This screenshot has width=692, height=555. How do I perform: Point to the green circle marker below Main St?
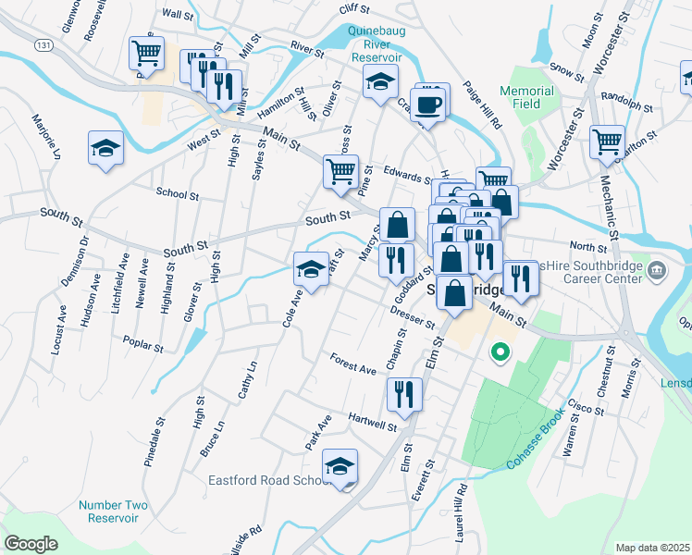(x=500, y=351)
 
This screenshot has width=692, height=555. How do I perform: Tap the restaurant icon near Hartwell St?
(x=404, y=392)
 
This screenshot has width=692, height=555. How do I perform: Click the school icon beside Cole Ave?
(x=311, y=270)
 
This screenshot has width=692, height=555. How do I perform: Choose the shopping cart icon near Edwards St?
(x=340, y=171)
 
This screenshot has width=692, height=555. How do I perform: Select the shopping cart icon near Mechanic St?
(x=607, y=142)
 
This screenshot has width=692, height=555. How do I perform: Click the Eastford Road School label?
(x=269, y=480)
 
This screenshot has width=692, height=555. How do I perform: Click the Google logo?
(x=31, y=543)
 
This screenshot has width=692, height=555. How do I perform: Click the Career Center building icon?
(x=656, y=271)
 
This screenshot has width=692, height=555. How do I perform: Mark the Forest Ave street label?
(x=353, y=364)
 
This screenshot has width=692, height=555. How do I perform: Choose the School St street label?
(x=178, y=194)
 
